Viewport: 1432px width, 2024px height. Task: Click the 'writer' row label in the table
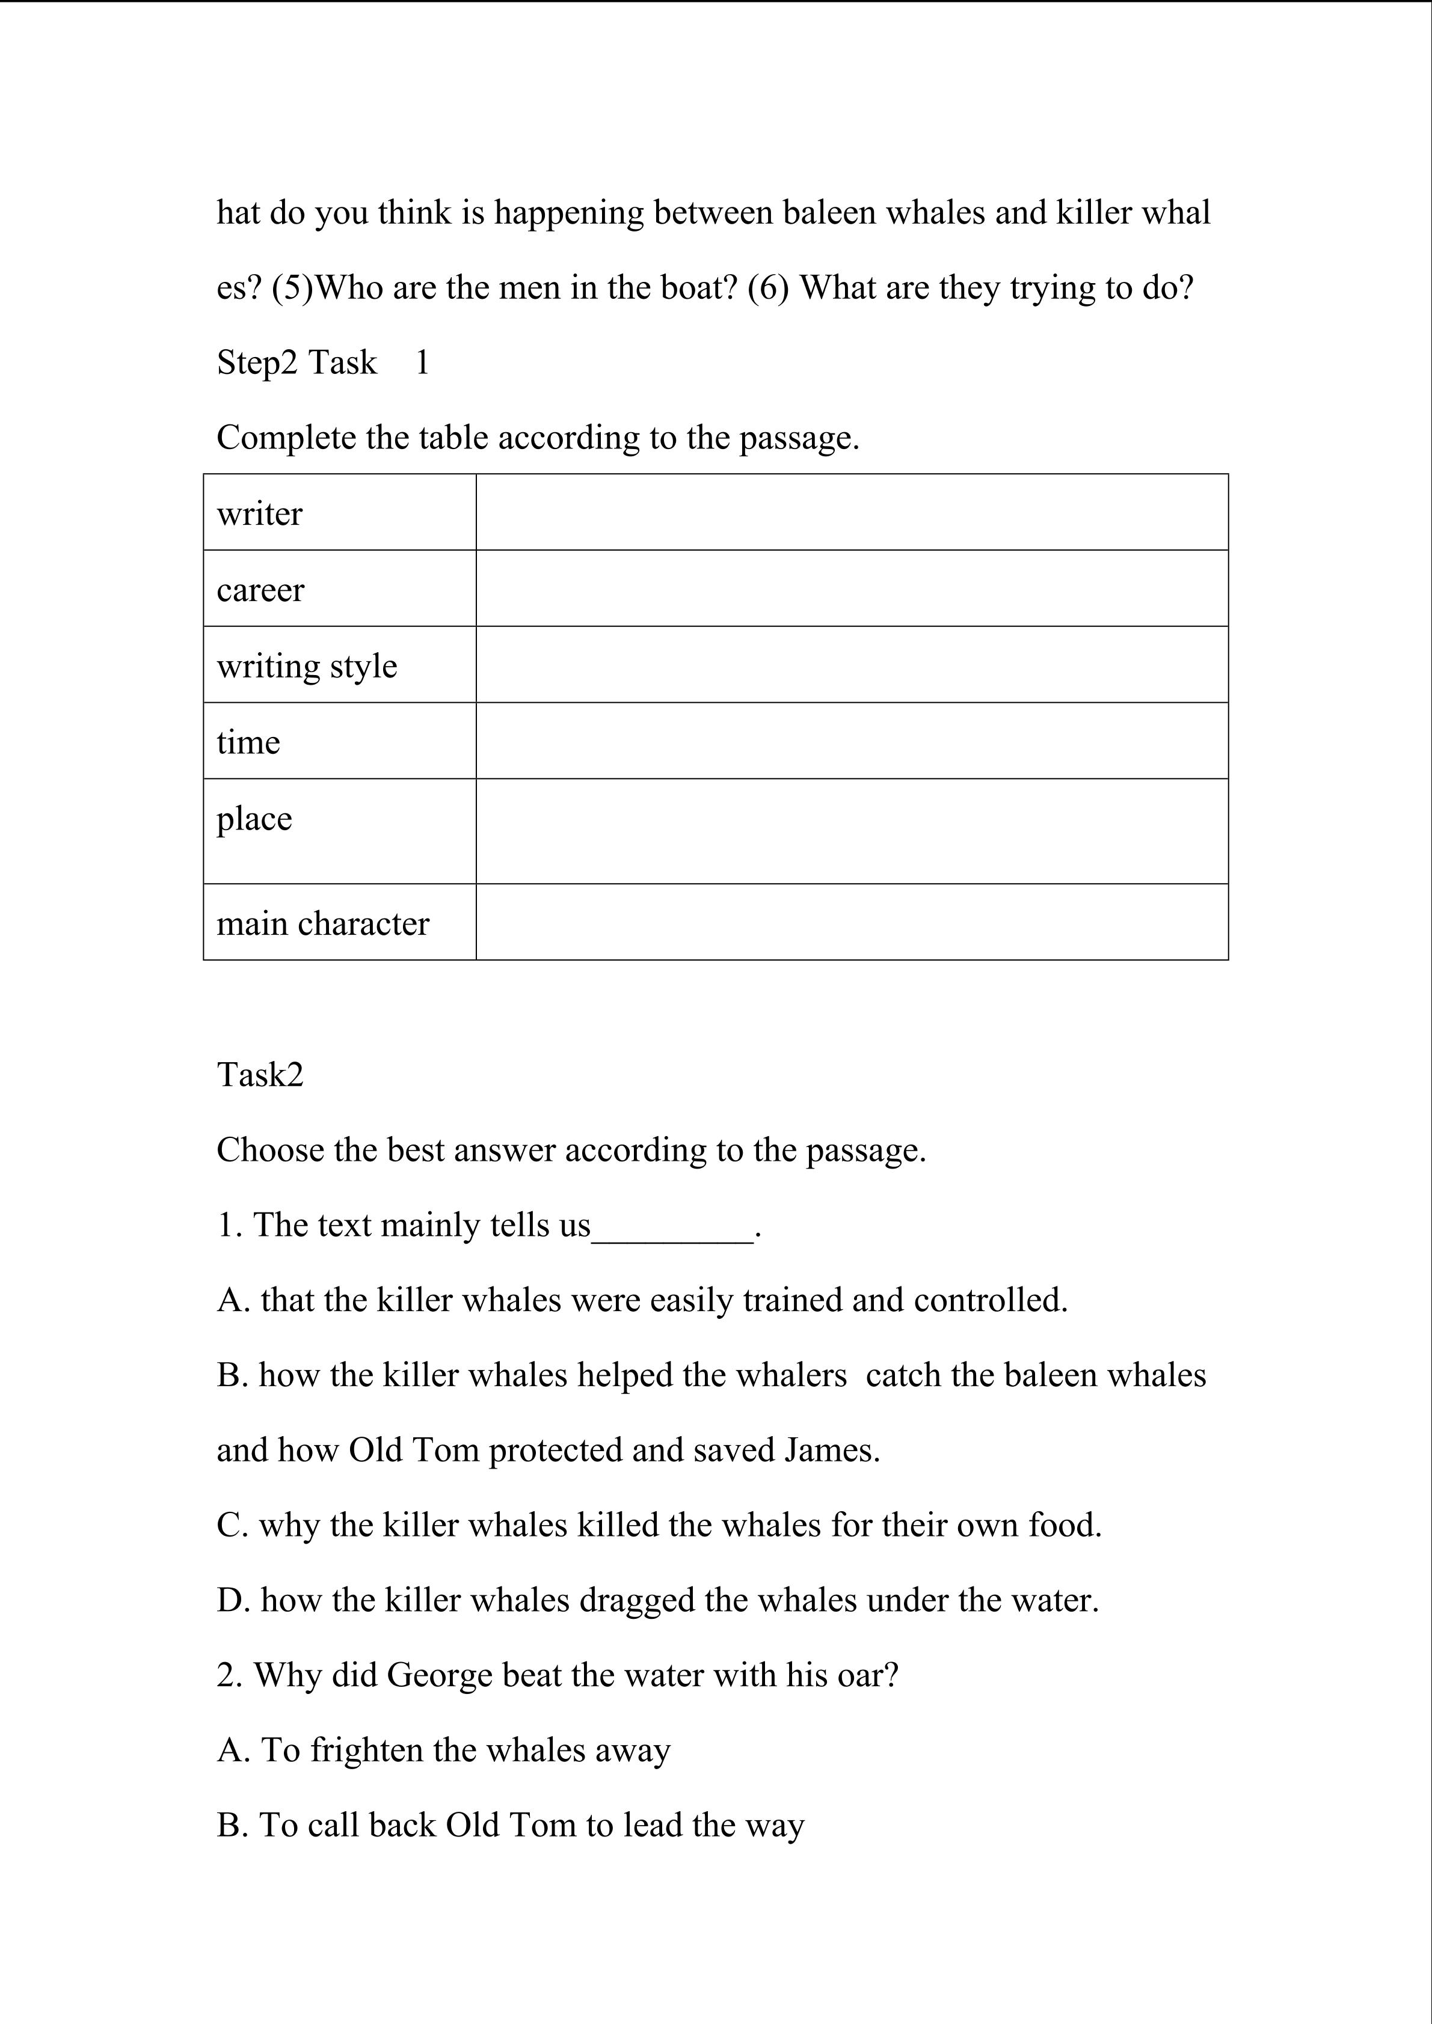[x=259, y=514]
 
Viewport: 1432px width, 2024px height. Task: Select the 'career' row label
[x=260, y=590]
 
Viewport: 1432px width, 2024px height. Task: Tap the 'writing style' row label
[x=307, y=667]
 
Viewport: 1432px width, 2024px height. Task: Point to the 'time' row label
[x=248, y=742]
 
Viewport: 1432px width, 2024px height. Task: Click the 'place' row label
[x=254, y=819]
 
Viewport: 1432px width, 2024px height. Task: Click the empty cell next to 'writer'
[x=851, y=512]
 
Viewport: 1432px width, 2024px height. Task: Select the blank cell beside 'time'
[x=851, y=741]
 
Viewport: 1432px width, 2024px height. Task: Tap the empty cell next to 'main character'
[x=851, y=922]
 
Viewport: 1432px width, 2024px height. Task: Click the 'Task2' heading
[x=260, y=1075]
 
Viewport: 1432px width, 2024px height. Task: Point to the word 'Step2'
[x=257, y=362]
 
